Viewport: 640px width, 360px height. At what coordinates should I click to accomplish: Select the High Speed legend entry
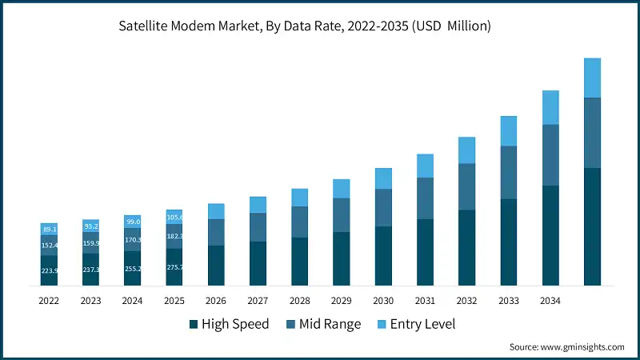click(229, 324)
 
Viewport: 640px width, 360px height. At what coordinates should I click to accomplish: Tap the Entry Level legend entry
click(422, 324)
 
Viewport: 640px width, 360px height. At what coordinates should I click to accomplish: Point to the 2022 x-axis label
click(50, 301)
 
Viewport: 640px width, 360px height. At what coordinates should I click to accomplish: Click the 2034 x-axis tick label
click(550, 301)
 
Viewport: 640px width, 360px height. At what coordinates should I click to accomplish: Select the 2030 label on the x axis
click(383, 301)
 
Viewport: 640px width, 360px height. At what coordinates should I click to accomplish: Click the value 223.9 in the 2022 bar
click(50, 270)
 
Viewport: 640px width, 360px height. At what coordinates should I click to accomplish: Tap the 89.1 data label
click(50, 229)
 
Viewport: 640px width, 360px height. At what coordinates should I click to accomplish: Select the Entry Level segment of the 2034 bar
click(550, 107)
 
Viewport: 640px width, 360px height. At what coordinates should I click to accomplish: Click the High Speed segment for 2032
click(467, 247)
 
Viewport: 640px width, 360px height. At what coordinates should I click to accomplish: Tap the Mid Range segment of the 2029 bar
click(342, 214)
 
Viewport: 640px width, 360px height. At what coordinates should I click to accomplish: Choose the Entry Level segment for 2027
click(258, 205)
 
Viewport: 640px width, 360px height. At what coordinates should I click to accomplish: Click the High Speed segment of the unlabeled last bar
click(592, 226)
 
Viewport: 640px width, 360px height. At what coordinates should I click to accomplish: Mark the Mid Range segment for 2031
click(425, 198)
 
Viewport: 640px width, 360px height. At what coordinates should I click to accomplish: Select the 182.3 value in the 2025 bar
click(174, 237)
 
